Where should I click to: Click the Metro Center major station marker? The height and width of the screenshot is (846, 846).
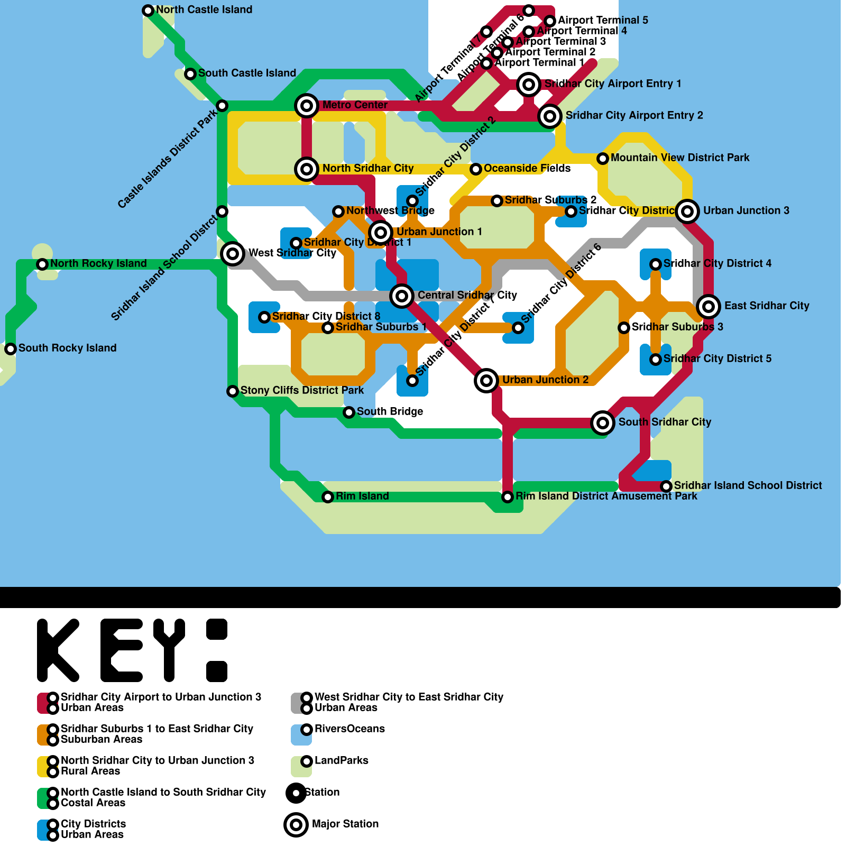(x=307, y=106)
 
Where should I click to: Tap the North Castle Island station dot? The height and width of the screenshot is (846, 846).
(x=148, y=11)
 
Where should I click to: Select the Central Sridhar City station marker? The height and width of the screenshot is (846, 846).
(x=402, y=296)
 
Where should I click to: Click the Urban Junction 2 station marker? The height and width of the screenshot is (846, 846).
(x=486, y=381)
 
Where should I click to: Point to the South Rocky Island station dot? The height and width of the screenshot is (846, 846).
(x=11, y=349)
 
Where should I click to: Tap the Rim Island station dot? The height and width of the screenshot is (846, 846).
(x=328, y=497)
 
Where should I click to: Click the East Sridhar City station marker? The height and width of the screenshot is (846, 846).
(x=709, y=307)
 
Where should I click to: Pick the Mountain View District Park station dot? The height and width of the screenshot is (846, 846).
(x=603, y=159)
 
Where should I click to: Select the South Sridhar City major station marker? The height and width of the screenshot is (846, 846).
(x=603, y=423)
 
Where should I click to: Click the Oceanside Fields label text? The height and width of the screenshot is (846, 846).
(x=527, y=169)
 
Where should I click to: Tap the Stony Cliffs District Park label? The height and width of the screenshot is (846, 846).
(x=302, y=391)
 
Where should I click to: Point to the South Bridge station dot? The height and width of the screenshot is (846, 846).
(x=349, y=412)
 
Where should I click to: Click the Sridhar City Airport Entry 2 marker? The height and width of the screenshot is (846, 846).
(x=550, y=116)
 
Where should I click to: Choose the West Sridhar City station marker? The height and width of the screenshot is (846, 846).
(x=233, y=254)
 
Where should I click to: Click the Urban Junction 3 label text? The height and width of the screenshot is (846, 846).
(x=746, y=211)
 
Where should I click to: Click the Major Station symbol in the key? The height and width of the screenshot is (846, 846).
(x=296, y=825)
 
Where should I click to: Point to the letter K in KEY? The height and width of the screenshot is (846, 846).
(x=58, y=650)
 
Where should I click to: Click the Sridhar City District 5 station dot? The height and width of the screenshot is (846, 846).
(x=656, y=360)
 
